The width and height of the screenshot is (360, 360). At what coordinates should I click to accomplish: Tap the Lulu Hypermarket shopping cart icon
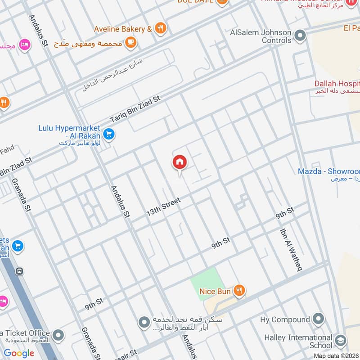pos(108,134)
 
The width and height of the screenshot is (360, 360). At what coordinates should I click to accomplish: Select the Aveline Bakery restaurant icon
pos(160,29)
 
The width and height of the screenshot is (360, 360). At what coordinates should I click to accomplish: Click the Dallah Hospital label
pos(337,84)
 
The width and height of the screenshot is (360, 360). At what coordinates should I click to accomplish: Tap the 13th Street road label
pos(163,206)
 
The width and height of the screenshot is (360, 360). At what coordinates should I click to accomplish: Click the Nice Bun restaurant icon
pos(239,291)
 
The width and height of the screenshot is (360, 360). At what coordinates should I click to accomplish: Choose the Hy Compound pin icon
pos(318,319)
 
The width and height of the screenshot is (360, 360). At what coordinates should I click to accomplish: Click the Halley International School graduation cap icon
pos(341,340)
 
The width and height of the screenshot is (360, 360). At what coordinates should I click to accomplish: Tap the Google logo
pos(19,353)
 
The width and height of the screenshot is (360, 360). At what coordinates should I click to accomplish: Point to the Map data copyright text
pos(337,355)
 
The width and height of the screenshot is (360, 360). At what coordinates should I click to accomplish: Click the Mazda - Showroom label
pos(329,171)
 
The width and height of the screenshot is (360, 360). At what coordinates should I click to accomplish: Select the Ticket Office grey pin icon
pos(58,336)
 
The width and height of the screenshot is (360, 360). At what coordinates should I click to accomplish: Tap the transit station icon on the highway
pos(19,271)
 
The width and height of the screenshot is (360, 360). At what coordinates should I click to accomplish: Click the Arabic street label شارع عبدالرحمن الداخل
pos(112,74)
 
